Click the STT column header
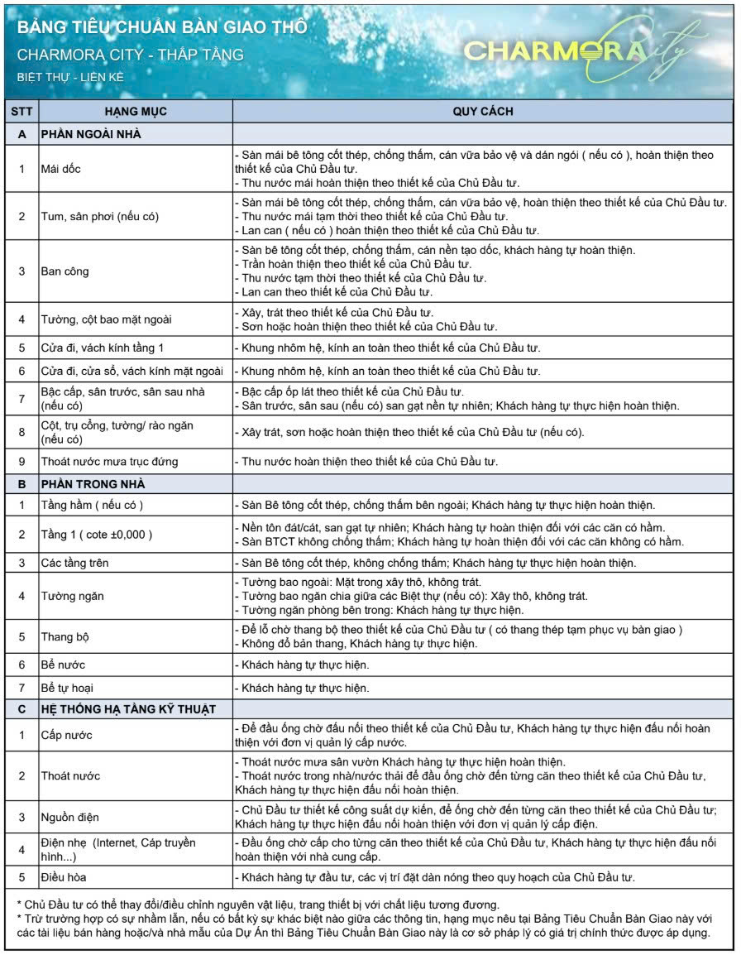[x=22, y=111]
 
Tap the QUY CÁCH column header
[x=483, y=111]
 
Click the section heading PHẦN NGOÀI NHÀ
[x=91, y=134]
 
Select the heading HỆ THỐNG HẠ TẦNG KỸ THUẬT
[x=128, y=709]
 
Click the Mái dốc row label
[x=61, y=169]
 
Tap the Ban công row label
[x=65, y=271]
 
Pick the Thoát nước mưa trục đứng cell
[x=110, y=461]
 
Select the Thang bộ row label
[x=65, y=636]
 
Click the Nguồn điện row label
[x=70, y=818]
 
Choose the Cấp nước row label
[x=67, y=735]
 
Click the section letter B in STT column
[x=22, y=483]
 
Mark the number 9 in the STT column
[x=22, y=461]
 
